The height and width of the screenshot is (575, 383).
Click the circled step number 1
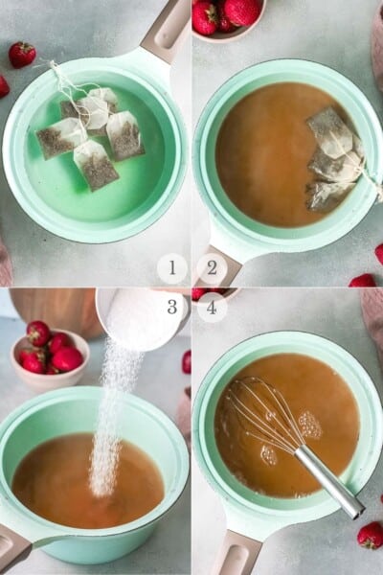pos(172,268)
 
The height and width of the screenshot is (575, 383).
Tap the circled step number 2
pos(212,268)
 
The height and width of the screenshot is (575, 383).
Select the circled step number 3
pos(172,307)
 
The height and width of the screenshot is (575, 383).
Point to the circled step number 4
pos(212,307)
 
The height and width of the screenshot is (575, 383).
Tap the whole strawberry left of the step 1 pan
pos(22,54)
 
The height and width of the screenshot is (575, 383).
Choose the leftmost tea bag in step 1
pos(60,138)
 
